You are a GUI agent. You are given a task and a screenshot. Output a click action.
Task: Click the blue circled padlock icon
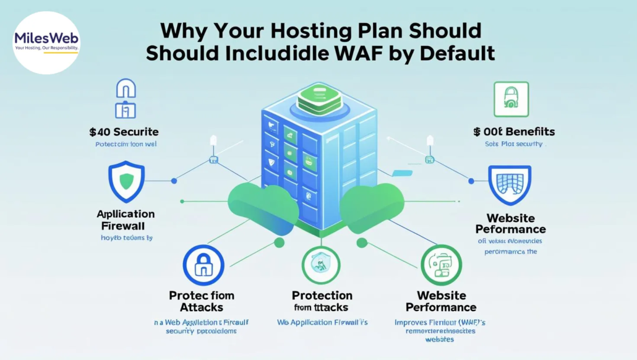[202, 265]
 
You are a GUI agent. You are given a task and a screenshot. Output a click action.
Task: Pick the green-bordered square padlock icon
[511, 99]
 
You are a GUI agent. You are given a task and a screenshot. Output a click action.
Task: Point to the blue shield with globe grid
[509, 185]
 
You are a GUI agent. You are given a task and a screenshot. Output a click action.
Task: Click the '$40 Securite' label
[124, 132]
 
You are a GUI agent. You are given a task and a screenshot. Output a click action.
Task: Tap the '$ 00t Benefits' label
[514, 132]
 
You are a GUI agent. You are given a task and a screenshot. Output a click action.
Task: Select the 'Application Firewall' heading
[126, 219]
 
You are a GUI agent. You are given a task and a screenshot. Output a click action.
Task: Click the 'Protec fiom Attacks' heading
[202, 301]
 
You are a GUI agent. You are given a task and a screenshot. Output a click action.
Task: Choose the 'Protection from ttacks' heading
[322, 301]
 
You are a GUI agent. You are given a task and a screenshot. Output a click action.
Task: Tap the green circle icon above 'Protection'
[321, 265]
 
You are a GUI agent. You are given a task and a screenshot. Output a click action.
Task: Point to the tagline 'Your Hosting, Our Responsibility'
[46, 48]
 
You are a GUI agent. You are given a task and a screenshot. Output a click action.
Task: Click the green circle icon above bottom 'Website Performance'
[441, 265]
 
